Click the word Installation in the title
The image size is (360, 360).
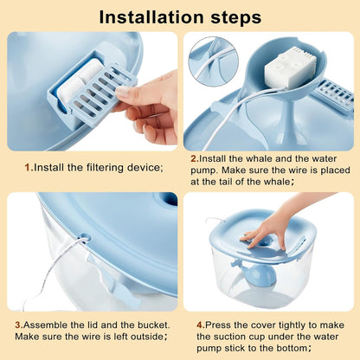pyautogui.click(x=151, y=17)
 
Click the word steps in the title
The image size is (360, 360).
pyautogui.click(x=236, y=18)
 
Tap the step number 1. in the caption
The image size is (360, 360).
pyautogui.click(x=29, y=167)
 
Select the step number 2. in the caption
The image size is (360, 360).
pyautogui.click(x=195, y=158)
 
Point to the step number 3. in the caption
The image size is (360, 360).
pyautogui.click(x=19, y=325)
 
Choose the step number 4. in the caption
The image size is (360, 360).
pyautogui.click(x=201, y=325)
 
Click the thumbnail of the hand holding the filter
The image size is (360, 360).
pyautogui.click(x=93, y=91)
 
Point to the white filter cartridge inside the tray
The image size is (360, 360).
pyautogui.click(x=78, y=80)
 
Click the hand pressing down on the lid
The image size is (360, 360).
pyautogui.click(x=267, y=231)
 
